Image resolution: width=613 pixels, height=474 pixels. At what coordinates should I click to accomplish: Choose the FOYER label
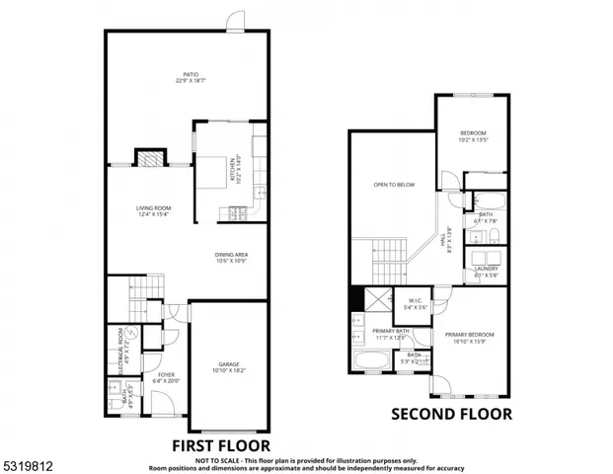(x=166, y=375)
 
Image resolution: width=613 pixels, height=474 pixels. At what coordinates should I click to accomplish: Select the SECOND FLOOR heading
(x=452, y=414)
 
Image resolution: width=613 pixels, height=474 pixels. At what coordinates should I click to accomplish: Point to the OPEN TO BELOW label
(x=392, y=185)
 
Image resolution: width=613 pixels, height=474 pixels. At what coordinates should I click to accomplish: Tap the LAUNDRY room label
(x=486, y=269)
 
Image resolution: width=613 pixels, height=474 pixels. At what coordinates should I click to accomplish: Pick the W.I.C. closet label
(x=415, y=303)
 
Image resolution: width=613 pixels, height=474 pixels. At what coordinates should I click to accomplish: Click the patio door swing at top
(x=235, y=21)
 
